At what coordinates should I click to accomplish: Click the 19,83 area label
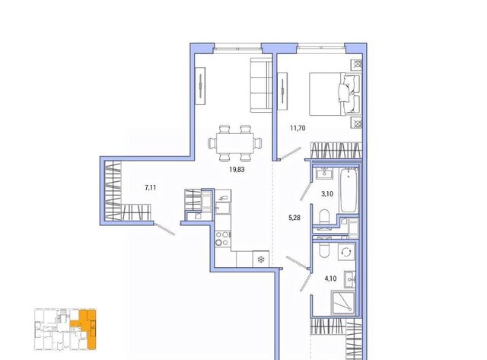coord(237,170)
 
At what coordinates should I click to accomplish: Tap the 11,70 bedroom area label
coord(298,128)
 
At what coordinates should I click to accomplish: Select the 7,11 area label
coord(151,187)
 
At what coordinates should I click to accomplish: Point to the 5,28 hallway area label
coord(294,218)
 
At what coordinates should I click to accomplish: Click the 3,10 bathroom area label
coord(327,194)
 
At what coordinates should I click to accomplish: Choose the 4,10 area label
coord(330,279)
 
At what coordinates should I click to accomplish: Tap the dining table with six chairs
coord(235,143)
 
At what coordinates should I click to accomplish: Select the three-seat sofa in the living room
coord(261,85)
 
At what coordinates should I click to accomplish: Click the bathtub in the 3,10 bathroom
coord(349,190)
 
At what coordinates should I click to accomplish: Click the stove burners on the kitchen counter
coord(223,238)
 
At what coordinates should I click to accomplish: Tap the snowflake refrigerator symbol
coord(261,259)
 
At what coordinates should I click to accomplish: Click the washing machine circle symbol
coord(346,251)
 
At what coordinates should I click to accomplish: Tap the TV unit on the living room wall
coord(200,86)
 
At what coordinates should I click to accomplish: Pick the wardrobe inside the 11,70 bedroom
coord(336,151)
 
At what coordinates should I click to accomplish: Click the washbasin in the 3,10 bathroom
coord(324,173)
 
